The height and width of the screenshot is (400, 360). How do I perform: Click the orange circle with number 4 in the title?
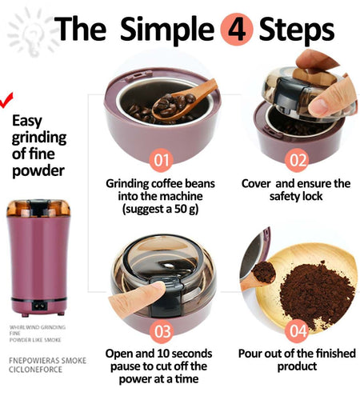pyautogui.click(x=236, y=30)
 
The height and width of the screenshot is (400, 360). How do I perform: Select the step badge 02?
pyautogui.click(x=297, y=159)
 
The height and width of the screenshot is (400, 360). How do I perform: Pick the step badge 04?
pyautogui.click(x=297, y=330)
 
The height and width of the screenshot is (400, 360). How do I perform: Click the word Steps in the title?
pyautogui.click(x=296, y=30)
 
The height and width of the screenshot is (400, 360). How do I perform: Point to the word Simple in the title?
pyautogui.click(x=167, y=30)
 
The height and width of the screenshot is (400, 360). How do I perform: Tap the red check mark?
pyautogui.click(x=7, y=99)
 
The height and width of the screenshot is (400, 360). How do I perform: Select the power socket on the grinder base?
pyautogui.click(x=38, y=304)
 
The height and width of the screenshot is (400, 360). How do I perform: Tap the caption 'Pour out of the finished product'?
pyautogui.click(x=297, y=359)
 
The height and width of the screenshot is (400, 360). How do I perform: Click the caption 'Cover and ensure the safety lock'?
pyautogui.click(x=297, y=190)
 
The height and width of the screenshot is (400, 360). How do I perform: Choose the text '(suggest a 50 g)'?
pyautogui.click(x=161, y=210)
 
